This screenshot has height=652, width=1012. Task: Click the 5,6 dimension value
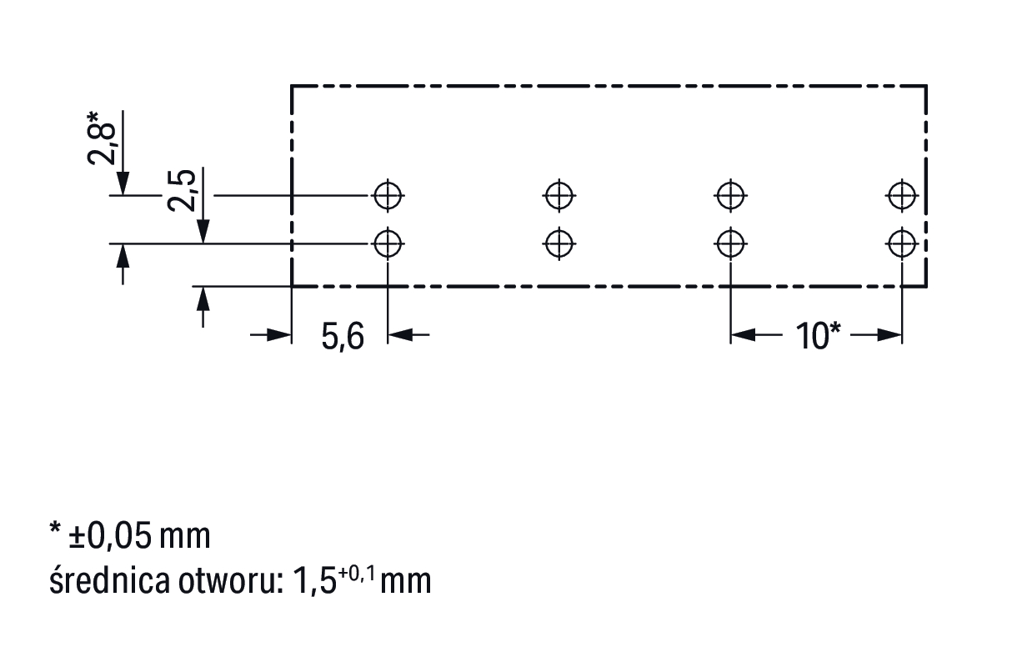343,336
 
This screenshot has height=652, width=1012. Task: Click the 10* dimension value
817,336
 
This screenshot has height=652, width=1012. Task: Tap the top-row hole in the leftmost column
388,196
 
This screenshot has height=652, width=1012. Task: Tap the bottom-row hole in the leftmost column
388,244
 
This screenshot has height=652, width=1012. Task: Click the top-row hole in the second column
559,196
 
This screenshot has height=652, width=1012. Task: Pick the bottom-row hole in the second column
559,244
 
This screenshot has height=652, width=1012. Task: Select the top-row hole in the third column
730,196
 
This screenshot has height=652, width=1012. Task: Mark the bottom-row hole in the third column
730,244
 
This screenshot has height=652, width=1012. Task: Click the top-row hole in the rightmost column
902,196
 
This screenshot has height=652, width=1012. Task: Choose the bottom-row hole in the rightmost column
902,244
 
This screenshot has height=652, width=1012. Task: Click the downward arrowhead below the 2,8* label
123,183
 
